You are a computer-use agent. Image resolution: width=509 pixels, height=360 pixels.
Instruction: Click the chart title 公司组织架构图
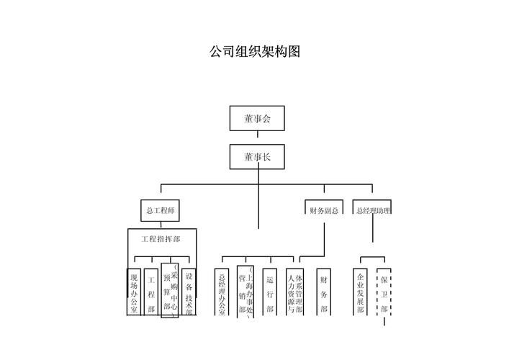tap(254, 53)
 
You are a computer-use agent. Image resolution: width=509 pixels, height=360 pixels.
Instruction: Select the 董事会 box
tap(258, 119)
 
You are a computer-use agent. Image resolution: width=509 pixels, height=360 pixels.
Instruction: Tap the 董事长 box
tap(258, 156)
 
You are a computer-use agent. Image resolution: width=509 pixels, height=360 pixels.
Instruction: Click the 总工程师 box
tap(159, 210)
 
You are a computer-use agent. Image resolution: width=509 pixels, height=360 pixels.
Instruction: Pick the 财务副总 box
tap(324, 210)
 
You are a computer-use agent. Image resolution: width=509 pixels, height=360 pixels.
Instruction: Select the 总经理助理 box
tap(373, 210)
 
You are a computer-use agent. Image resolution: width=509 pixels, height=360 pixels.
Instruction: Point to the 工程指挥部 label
tap(161, 238)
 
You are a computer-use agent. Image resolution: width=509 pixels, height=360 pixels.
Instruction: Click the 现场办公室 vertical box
tap(133, 292)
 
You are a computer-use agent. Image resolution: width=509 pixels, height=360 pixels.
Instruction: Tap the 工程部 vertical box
tap(151, 292)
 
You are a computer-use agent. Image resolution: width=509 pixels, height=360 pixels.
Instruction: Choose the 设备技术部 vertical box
tap(189, 292)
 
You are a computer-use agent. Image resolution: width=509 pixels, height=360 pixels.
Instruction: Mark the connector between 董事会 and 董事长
tap(258, 138)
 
